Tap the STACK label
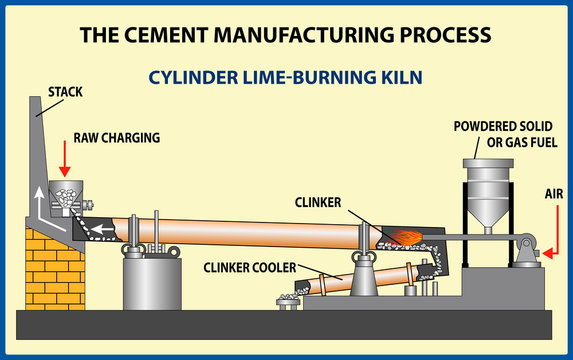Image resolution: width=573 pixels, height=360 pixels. coord(65,93)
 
